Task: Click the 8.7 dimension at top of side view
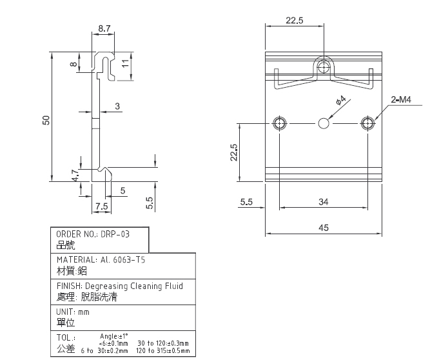104,28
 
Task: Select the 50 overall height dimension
46,120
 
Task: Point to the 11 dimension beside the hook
125,64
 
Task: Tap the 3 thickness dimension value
117,106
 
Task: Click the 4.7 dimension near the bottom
75,175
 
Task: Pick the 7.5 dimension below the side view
101,206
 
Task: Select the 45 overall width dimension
324,228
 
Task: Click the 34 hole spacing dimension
324,202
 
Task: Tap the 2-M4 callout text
401,99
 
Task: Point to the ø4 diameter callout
341,101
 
